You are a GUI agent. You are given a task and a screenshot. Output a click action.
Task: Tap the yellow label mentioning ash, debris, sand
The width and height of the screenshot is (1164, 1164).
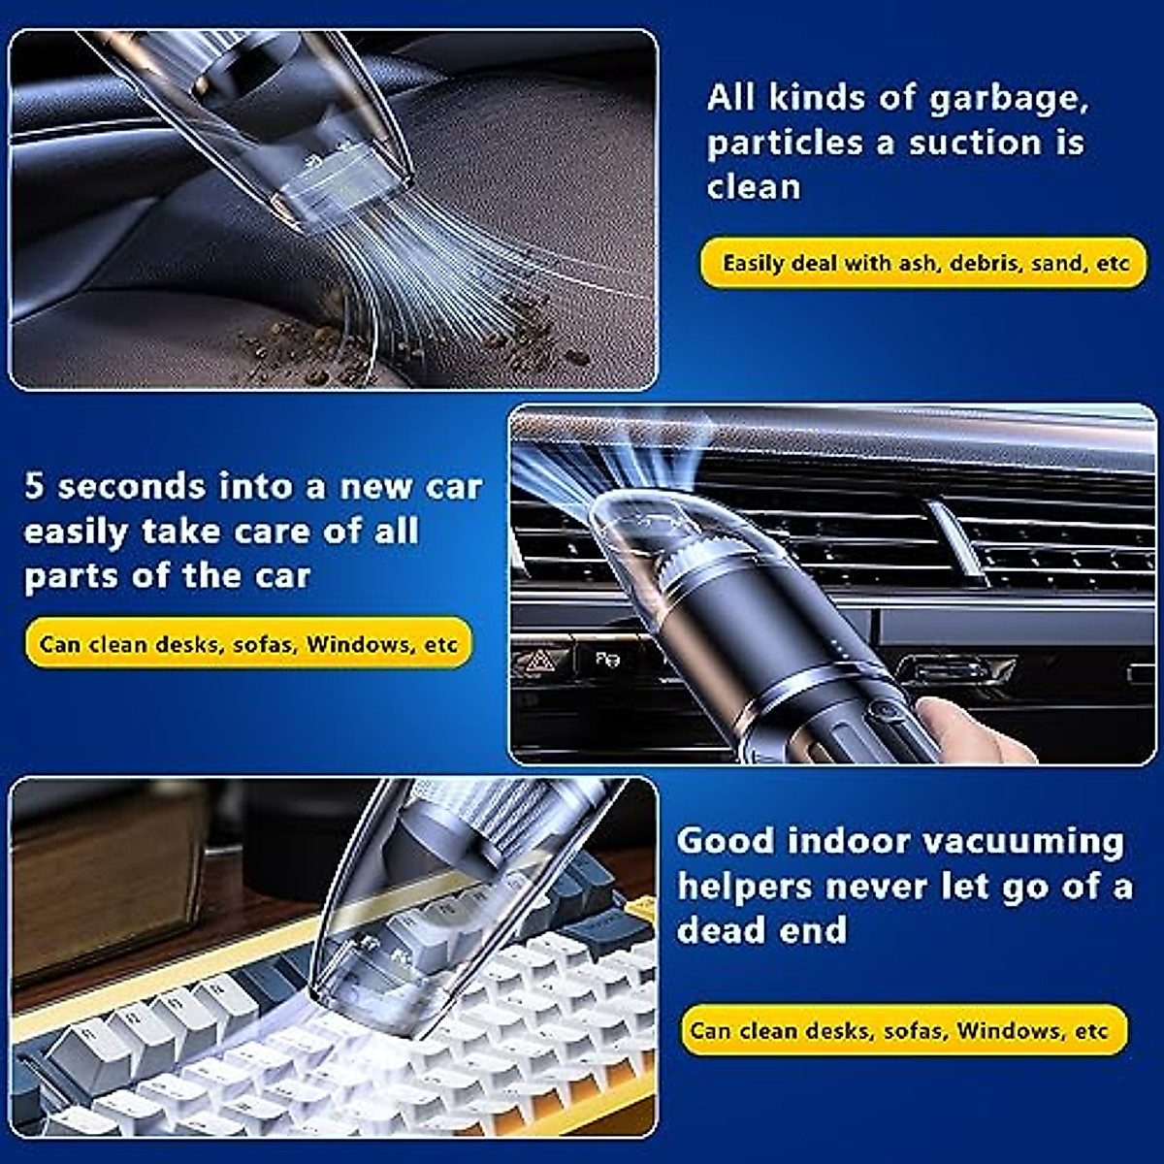925,263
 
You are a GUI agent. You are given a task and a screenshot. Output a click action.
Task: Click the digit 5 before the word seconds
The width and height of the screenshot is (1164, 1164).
35,486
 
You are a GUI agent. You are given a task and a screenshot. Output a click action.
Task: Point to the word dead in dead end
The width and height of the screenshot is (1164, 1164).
720,930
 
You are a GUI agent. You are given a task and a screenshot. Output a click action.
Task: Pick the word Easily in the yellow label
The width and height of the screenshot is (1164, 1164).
754,263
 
